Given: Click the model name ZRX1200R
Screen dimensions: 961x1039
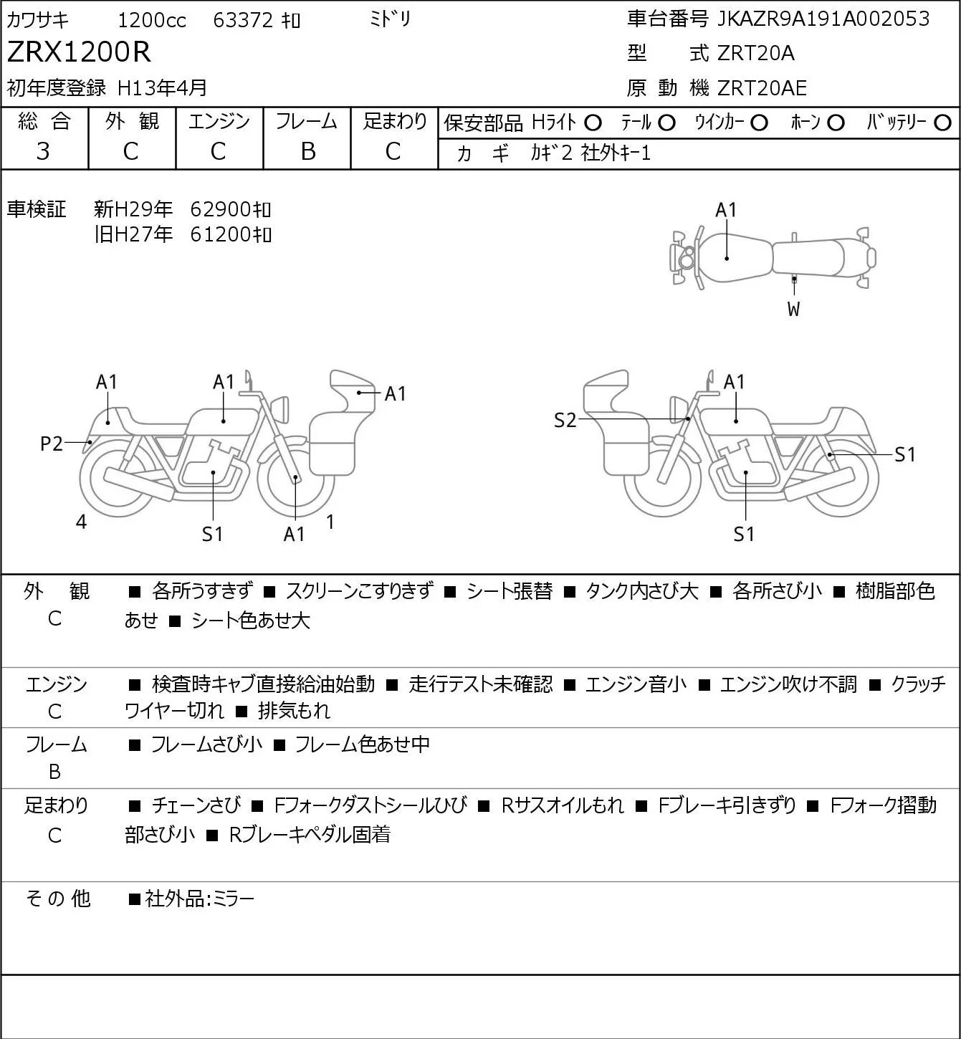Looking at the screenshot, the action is [x=79, y=52].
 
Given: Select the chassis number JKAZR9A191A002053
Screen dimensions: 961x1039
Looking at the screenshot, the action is [x=823, y=19].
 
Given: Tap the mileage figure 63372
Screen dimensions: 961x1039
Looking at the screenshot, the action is [x=243, y=20].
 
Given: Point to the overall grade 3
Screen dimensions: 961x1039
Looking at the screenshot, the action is [x=43, y=151].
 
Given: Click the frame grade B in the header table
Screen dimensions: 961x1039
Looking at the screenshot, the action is [x=307, y=151].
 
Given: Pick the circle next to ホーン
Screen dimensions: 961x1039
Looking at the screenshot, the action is [x=836, y=123].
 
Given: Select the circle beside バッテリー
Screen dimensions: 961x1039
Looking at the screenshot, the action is [x=942, y=123].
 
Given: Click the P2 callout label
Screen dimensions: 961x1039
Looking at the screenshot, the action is [x=52, y=444].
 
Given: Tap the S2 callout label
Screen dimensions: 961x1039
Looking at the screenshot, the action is [x=565, y=420].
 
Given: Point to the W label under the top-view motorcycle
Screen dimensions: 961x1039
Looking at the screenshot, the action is [x=793, y=309].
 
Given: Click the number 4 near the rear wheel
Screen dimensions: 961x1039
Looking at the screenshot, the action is [x=81, y=521].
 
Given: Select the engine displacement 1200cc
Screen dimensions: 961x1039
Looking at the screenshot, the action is [x=152, y=20].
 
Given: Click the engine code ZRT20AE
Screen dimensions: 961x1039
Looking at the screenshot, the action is [x=762, y=88].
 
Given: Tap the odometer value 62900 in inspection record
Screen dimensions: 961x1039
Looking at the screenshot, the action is [x=221, y=209].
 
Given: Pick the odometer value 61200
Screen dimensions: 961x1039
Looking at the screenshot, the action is [x=221, y=234].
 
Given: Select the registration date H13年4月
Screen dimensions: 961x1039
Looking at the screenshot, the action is [x=162, y=88].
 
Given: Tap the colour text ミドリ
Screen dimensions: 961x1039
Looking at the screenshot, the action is [x=391, y=19].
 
